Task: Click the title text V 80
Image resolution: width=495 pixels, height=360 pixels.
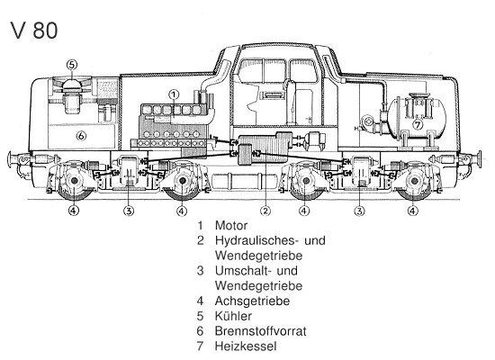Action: pos(36,30)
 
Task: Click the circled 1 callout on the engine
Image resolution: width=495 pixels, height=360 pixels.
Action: pos(175,94)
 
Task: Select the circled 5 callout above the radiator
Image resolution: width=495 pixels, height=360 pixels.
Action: pos(72,64)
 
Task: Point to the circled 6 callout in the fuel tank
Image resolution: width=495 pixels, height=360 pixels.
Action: pos(80,137)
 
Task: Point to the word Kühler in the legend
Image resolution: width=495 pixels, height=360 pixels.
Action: pos(234,316)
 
